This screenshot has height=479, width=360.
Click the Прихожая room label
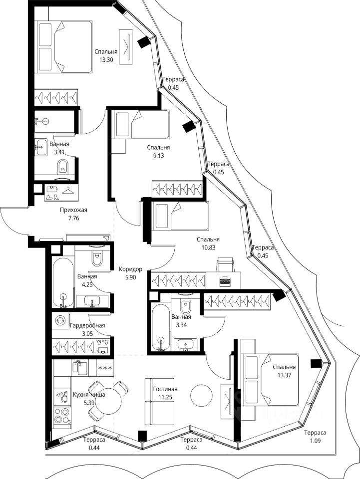(74, 210)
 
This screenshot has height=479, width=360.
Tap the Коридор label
(130, 269)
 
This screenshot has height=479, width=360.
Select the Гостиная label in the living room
(165, 389)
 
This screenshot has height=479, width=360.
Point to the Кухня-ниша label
(89, 395)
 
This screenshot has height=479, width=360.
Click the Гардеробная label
(87, 326)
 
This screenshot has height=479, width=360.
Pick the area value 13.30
(106, 60)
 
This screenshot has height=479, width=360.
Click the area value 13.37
(284, 375)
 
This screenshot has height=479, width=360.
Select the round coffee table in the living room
(201, 396)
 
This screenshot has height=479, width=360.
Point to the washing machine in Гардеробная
(60, 320)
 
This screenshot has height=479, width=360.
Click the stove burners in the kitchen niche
(62, 416)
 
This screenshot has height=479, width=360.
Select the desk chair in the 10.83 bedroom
(225, 264)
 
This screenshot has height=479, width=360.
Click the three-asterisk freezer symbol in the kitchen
(105, 368)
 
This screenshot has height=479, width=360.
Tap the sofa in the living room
(155, 401)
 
